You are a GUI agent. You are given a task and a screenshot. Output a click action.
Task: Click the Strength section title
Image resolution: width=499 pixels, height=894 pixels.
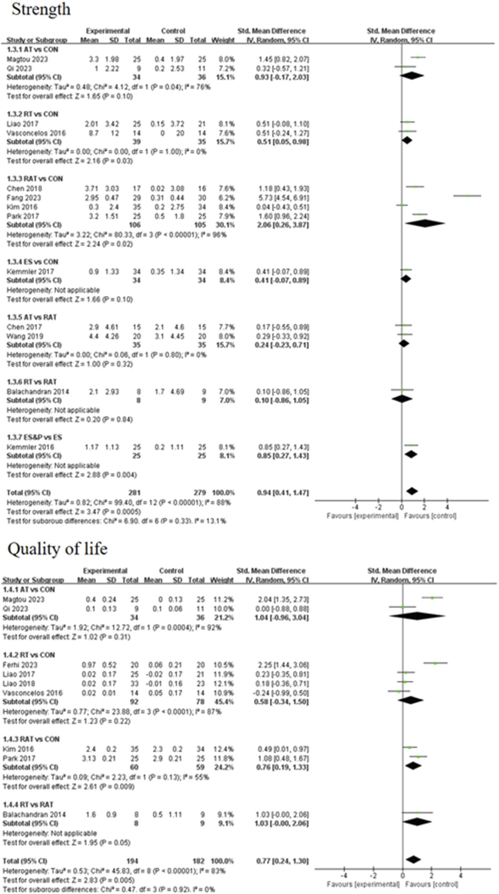[x=41, y=9]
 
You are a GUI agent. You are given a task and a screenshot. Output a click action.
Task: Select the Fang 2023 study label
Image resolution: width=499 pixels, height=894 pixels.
[x=23, y=198]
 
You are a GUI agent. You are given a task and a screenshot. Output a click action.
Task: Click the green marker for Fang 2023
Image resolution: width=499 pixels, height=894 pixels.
[x=467, y=196]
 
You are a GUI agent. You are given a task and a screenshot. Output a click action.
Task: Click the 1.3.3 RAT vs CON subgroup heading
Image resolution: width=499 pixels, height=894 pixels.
[x=35, y=179]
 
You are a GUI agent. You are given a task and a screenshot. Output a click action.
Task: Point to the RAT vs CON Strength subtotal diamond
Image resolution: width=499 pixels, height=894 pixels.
[x=425, y=223]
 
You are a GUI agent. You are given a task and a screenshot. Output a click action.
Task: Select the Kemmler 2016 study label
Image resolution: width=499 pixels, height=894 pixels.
[x=30, y=447]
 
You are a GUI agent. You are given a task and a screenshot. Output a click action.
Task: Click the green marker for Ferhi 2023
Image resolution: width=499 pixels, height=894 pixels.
[x=435, y=663]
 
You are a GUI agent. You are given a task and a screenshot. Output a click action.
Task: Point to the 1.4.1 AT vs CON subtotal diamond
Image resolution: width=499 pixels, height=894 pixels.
[x=417, y=616]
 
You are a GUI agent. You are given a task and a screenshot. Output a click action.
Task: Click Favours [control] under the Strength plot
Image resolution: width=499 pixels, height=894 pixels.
[x=430, y=516]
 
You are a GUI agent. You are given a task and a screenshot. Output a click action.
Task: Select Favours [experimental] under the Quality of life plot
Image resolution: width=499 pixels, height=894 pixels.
[x=354, y=885]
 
